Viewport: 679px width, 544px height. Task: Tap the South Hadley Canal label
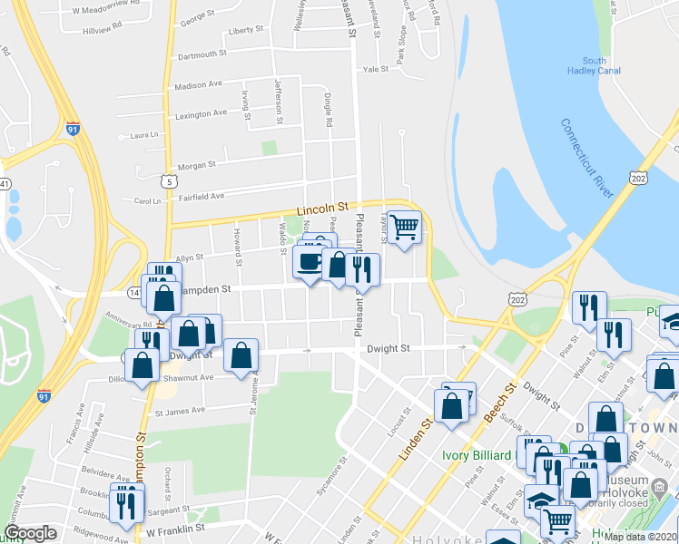click(x=594, y=66)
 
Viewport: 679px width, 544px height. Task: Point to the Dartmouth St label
click(x=202, y=54)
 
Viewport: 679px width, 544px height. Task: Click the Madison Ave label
click(x=198, y=84)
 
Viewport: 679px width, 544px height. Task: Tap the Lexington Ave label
click(x=201, y=113)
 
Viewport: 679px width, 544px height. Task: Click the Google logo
click(x=30, y=533)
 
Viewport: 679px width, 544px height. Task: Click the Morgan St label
click(x=197, y=165)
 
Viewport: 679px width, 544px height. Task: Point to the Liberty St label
click(x=246, y=30)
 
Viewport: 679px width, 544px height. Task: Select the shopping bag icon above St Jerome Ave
click(x=241, y=356)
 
